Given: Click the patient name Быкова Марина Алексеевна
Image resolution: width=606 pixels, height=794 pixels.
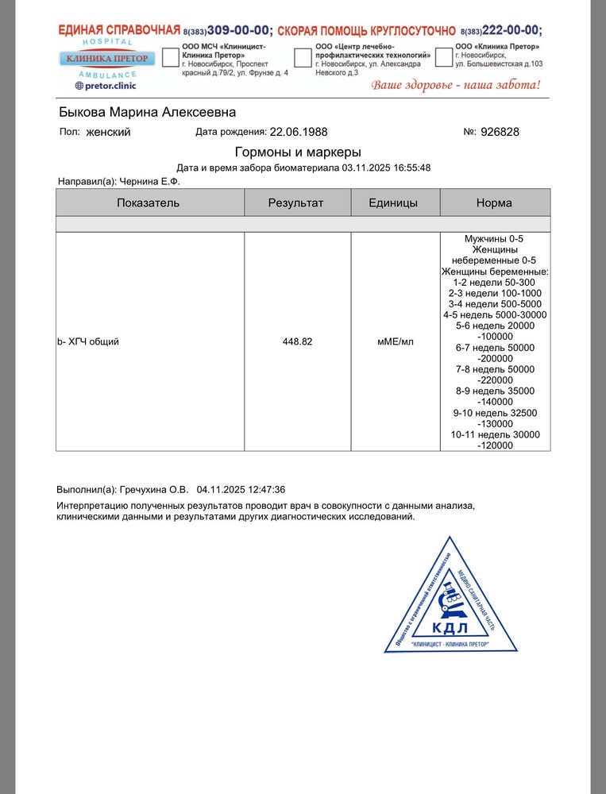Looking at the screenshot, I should tap(147, 112).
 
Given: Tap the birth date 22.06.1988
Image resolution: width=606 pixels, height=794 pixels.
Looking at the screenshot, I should tap(299, 132).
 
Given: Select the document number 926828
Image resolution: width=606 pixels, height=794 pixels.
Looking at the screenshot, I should tap(500, 132).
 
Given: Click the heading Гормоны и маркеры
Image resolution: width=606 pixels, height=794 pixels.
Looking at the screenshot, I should tap(298, 152).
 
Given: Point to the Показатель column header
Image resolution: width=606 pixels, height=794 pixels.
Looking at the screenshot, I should tap(149, 202).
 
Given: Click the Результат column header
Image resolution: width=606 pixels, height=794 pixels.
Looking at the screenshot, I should tap(296, 202).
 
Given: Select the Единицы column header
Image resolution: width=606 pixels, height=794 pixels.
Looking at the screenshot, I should tap(393, 202).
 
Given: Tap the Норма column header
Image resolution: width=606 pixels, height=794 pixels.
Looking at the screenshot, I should tap(494, 202).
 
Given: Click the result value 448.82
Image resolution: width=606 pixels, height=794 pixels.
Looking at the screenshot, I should tap(297, 341).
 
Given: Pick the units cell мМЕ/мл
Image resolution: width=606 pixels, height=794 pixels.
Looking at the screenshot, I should tap(395, 341).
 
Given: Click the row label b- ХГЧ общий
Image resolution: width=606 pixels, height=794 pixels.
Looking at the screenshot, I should tap(88, 341).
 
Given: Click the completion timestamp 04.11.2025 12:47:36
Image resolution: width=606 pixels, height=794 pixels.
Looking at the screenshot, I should tap(241, 490).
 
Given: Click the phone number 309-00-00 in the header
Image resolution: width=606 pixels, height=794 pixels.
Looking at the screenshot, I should tap(238, 31).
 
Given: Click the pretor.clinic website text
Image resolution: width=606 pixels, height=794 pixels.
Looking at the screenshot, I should tap(106, 85).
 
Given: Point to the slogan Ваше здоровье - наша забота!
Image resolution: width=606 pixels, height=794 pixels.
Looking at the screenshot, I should tap(456, 85).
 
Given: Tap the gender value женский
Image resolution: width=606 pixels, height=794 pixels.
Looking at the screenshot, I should tap(108, 132).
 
